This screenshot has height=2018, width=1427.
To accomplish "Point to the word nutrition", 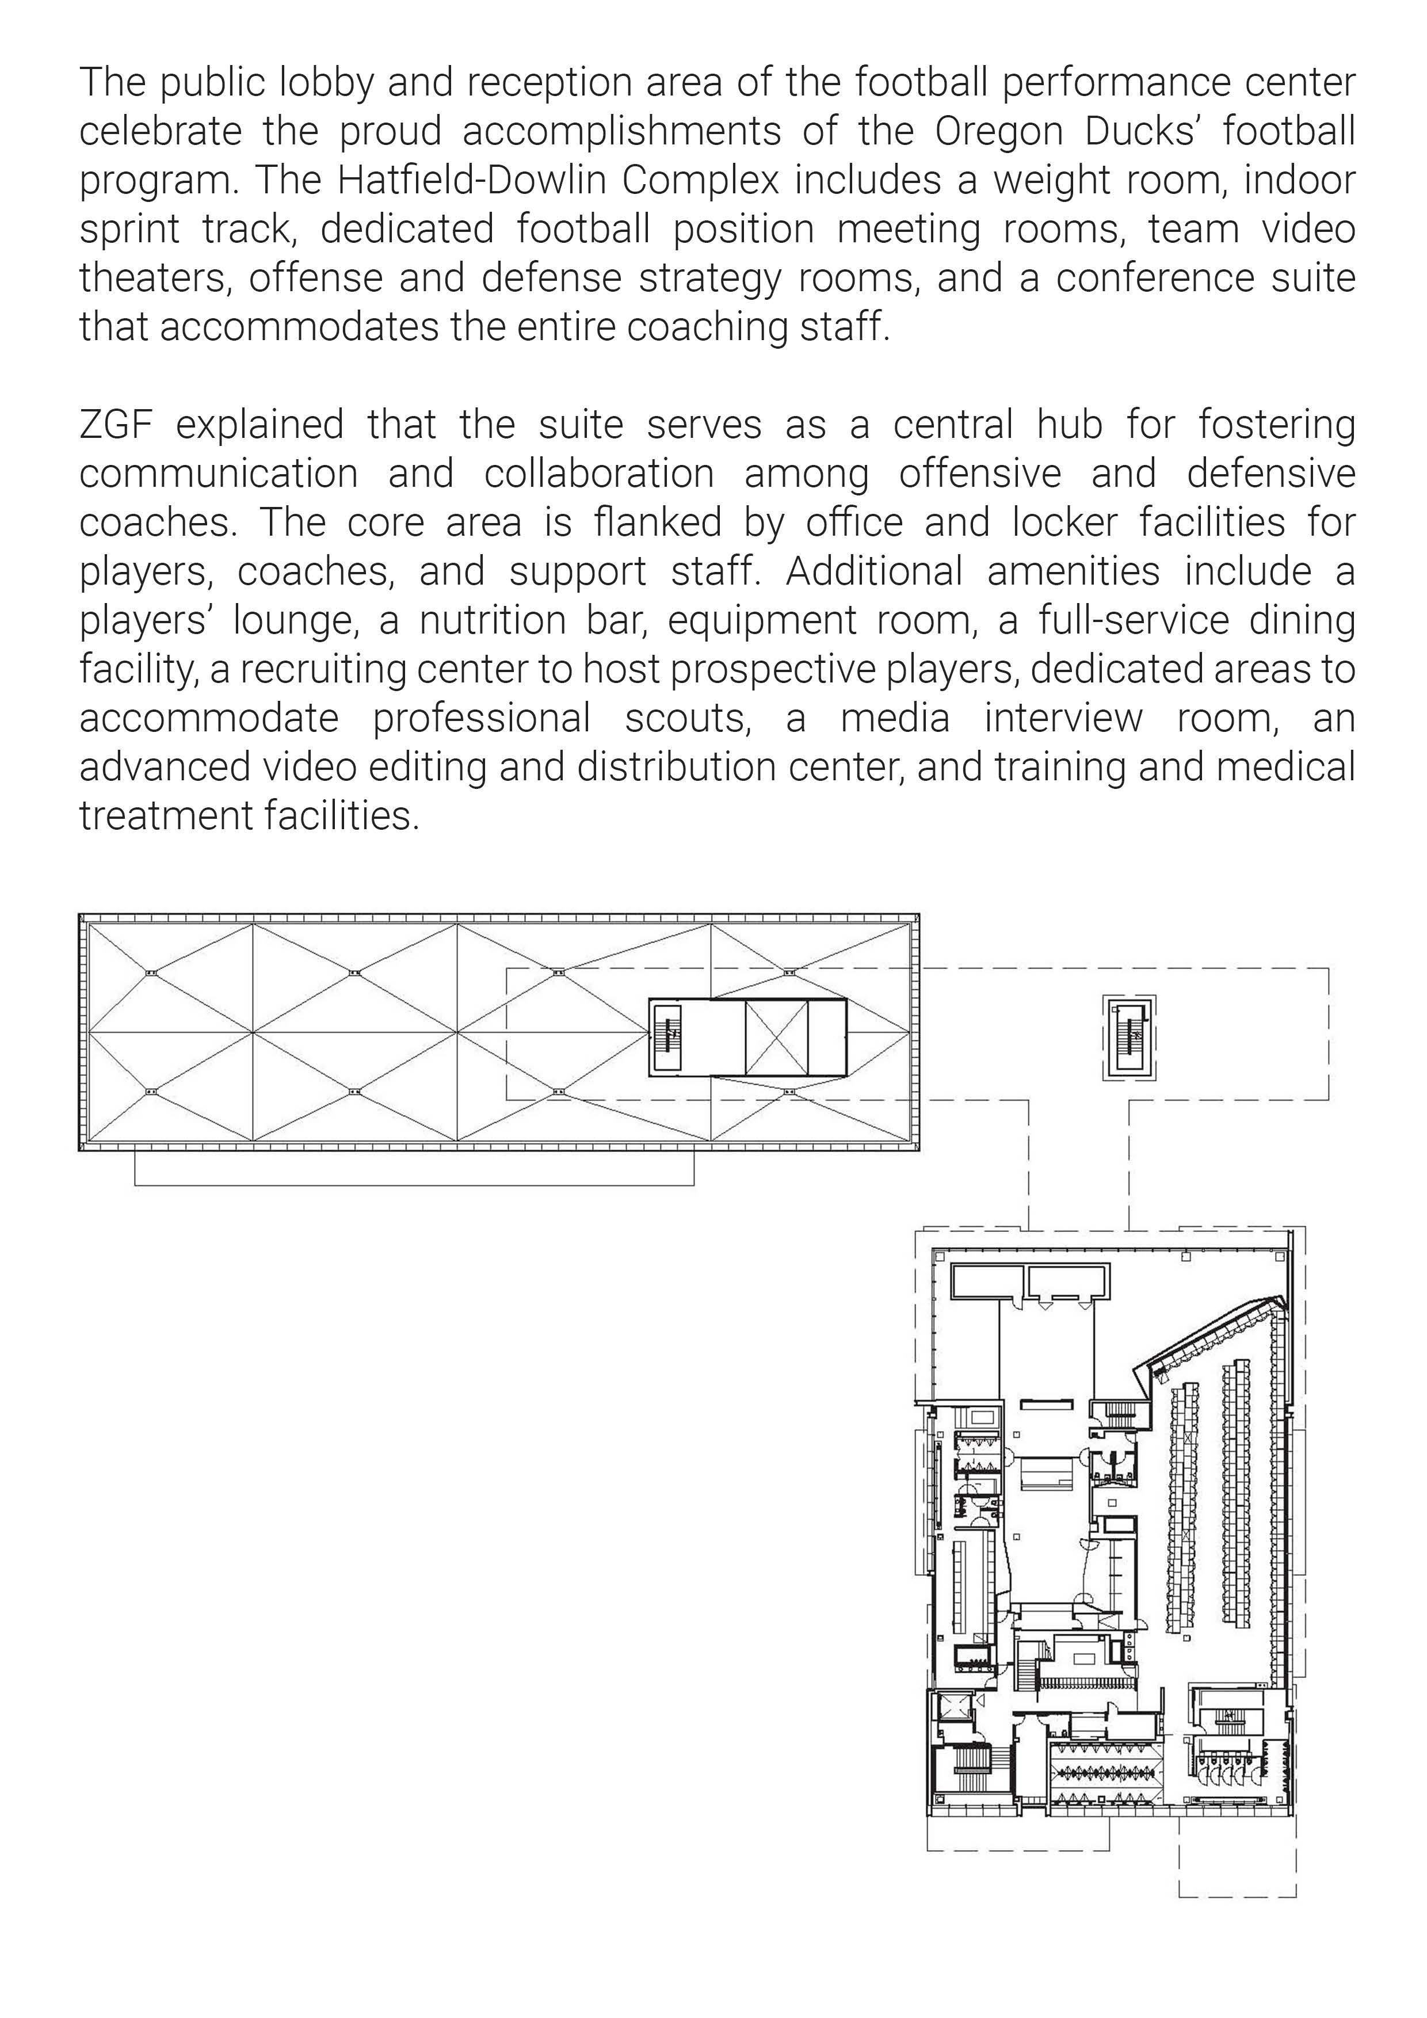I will [492, 620].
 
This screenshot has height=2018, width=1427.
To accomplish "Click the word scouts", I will [687, 719].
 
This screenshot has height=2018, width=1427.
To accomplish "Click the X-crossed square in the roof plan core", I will [776, 1037].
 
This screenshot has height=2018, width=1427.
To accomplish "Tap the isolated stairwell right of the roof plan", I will [1128, 1037].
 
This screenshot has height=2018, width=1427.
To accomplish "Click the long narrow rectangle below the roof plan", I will [414, 1168].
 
